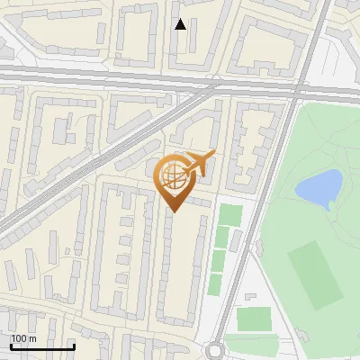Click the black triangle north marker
[181, 25]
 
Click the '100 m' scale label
[23, 338]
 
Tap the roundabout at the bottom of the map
[216, 351]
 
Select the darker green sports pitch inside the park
[315, 272]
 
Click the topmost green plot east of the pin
[231, 215]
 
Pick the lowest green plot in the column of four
[216, 283]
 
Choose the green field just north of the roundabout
[253, 319]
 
